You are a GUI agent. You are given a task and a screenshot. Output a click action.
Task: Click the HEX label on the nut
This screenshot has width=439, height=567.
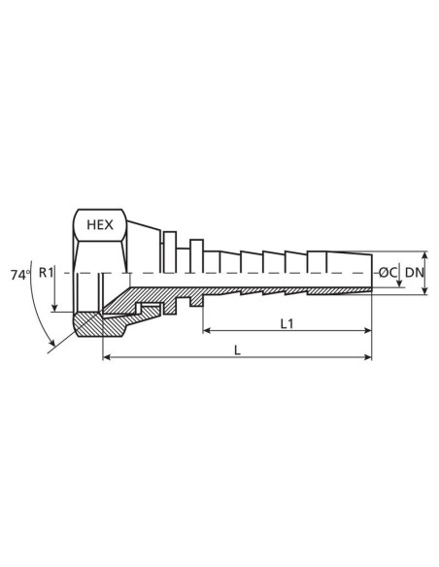(x=99, y=224)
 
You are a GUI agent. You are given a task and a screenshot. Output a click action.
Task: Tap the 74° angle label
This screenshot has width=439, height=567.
(x=18, y=274)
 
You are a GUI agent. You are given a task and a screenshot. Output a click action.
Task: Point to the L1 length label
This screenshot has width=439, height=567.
(x=287, y=324)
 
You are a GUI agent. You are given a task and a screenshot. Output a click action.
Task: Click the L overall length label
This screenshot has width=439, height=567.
(x=238, y=350)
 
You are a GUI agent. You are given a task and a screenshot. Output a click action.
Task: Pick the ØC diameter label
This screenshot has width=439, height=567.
(x=388, y=274)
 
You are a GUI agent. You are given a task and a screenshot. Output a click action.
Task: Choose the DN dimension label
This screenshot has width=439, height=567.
(x=415, y=274)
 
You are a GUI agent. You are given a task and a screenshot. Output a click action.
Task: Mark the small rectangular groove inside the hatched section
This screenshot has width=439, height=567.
(x=149, y=309)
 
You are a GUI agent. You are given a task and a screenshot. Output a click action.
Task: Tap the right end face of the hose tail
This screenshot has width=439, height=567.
(x=372, y=274)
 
